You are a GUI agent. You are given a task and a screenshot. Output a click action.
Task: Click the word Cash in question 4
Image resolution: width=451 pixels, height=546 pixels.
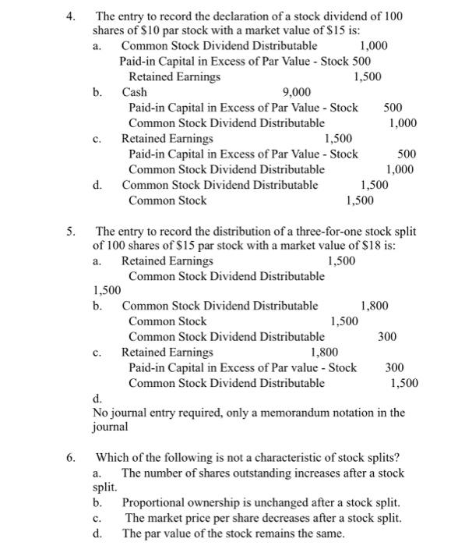pos(135,92)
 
